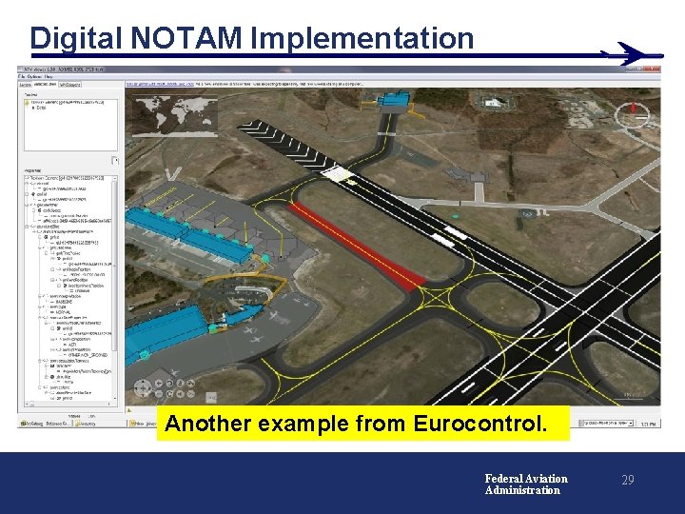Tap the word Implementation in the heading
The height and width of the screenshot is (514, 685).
click(x=362, y=38)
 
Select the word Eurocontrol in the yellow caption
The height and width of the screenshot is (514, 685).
click(x=490, y=424)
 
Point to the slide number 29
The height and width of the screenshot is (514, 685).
click(x=627, y=481)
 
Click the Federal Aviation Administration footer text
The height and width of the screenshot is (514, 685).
click(x=525, y=484)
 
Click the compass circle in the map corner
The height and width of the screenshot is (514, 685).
click(x=657, y=116)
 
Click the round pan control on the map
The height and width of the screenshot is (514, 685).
click(x=144, y=388)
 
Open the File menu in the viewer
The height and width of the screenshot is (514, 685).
click(x=23, y=77)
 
